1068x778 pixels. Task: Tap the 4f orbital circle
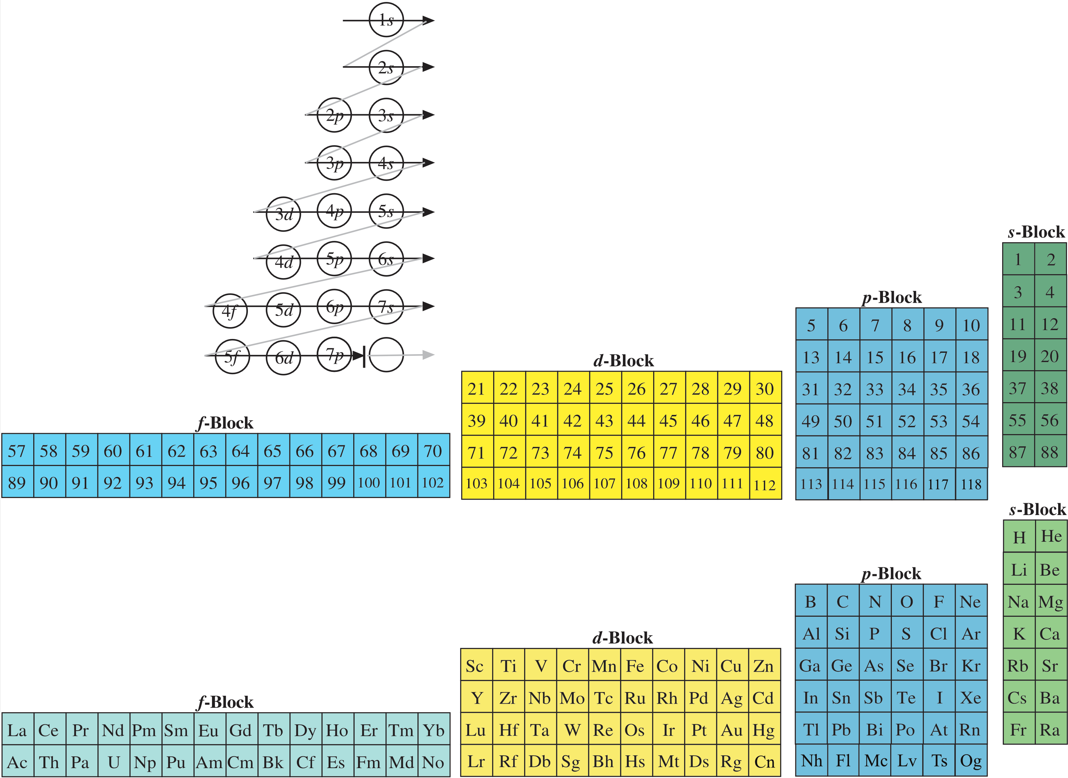[230, 310]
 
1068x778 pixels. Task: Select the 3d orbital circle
[283, 214]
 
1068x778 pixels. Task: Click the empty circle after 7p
[386, 355]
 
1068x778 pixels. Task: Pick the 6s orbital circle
[386, 259]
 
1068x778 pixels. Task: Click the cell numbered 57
[17, 451]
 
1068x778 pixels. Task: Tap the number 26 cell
[636, 389]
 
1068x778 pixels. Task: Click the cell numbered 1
[1018, 259]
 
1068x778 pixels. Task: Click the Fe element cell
[635, 666]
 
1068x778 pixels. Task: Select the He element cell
[1051, 536]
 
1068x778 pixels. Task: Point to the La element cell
[17, 730]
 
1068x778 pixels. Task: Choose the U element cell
[114, 762]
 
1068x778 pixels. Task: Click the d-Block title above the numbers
[623, 361]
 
